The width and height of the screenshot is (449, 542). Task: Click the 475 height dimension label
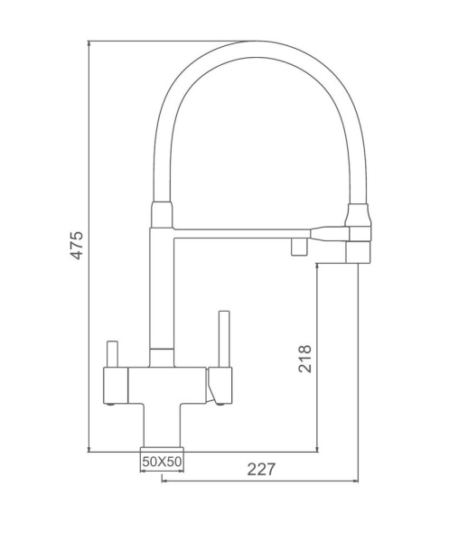77,246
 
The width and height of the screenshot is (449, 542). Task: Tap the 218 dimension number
304,359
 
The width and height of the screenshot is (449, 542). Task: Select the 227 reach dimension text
261,469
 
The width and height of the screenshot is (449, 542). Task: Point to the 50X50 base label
162,461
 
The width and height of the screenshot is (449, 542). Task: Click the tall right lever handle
224,339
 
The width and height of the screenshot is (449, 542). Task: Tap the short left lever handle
112,354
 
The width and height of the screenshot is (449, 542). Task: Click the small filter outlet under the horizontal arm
299,247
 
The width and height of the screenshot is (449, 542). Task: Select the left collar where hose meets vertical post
162,215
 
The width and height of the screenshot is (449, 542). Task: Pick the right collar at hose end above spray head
359,215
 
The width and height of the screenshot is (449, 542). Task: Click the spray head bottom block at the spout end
359,252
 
